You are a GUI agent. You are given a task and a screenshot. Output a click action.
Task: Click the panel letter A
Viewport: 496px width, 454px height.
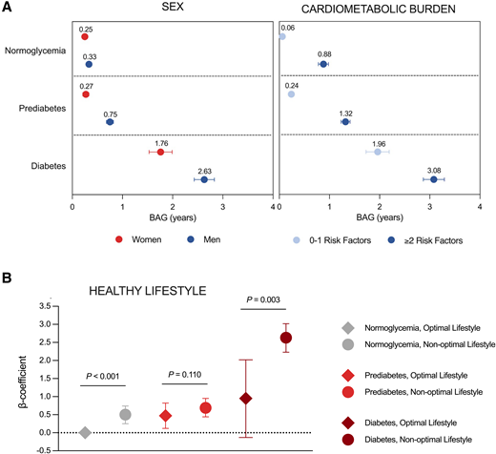9,9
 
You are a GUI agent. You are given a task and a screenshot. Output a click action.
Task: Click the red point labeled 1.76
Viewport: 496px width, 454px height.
160,152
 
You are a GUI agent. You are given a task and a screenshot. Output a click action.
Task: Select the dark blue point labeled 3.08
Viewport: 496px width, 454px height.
433,179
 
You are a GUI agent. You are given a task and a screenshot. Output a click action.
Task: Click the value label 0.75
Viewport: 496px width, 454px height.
111,112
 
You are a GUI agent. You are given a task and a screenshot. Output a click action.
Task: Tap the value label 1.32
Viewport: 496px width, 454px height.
345,112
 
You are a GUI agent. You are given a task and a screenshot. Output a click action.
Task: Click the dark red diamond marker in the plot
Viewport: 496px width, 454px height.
246,398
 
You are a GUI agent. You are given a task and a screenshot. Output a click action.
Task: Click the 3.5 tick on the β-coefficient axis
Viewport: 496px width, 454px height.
42,306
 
